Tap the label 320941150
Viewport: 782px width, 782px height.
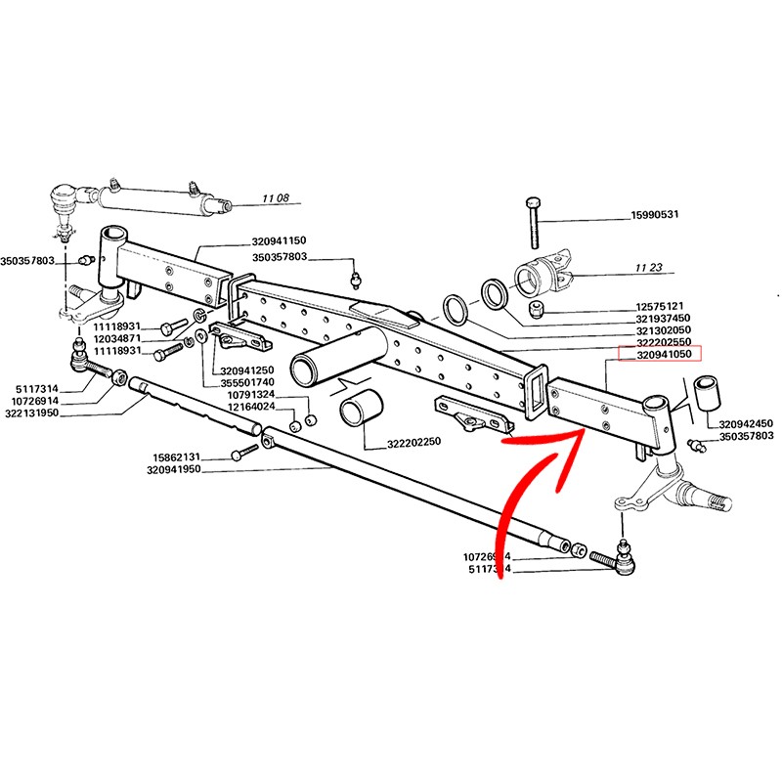pos(279,240)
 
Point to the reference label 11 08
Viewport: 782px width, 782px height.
pos(277,199)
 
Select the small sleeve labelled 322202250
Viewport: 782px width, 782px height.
pos(357,411)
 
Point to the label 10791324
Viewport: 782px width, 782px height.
pos(253,395)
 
